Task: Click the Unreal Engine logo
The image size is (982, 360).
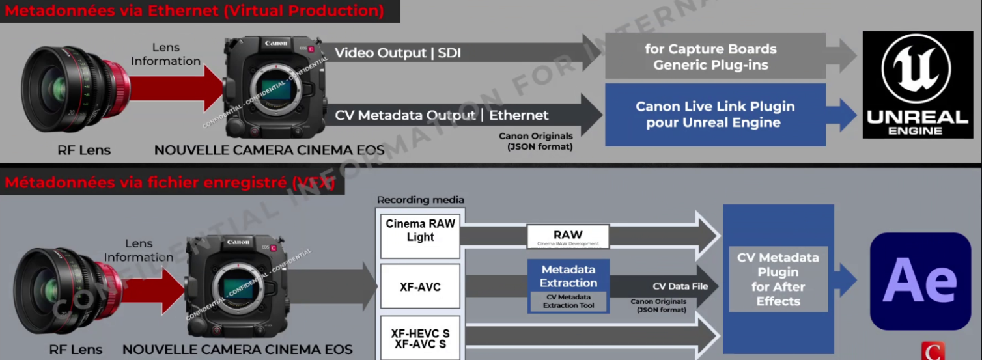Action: pyautogui.click(x=918, y=84)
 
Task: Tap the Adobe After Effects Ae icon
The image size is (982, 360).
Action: pyautogui.click(x=920, y=281)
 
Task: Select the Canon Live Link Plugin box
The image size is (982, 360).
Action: pyautogui.click(x=715, y=115)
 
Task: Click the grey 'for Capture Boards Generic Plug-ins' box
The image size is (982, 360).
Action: pyautogui.click(x=715, y=57)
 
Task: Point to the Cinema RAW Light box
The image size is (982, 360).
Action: pyautogui.click(x=420, y=230)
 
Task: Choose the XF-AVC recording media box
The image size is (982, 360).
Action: pyautogui.click(x=420, y=286)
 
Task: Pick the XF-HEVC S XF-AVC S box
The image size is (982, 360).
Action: pyautogui.click(x=420, y=338)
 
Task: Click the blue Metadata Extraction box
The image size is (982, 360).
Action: pyautogui.click(x=568, y=277)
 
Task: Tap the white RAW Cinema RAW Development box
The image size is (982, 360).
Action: pyautogui.click(x=568, y=236)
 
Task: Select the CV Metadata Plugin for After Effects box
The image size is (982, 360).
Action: pyautogui.click(x=778, y=279)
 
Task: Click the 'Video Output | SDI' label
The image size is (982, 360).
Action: pyautogui.click(x=398, y=53)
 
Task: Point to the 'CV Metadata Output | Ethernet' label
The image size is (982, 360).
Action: pyautogui.click(x=442, y=115)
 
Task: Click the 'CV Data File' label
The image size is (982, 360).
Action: pyautogui.click(x=676, y=286)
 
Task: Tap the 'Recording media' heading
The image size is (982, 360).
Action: pyautogui.click(x=421, y=200)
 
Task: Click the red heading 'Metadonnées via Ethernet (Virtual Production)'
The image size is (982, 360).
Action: pyautogui.click(x=194, y=10)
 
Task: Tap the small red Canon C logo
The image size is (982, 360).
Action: pyautogui.click(x=933, y=352)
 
